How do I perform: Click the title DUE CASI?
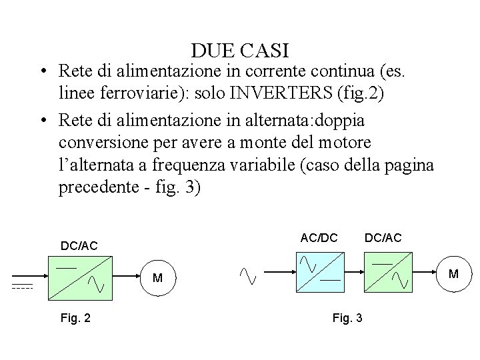click(239, 50)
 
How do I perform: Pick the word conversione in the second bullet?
click(104, 143)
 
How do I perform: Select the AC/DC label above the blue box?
click(319, 237)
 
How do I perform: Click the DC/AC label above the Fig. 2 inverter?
click(79, 247)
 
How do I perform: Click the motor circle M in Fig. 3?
click(454, 273)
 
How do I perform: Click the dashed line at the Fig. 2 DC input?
click(22, 288)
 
